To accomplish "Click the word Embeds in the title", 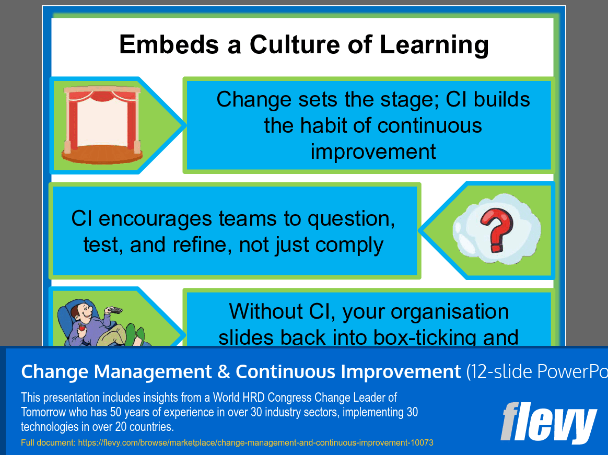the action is pos(169,44).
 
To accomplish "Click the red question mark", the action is pos(496,230).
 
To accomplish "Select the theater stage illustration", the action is pos(102,125).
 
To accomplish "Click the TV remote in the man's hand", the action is pos(115,310).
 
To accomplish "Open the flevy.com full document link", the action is pos(255,442).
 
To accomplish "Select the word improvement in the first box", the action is pos(373,151).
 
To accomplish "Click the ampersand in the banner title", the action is pos(224,371).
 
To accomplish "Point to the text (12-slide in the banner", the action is pos(499,371).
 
